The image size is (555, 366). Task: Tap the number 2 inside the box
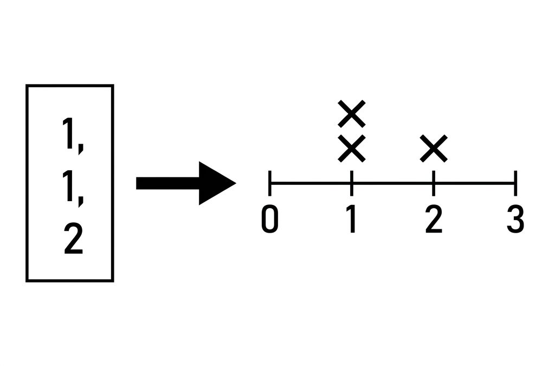pyautogui.click(x=73, y=239)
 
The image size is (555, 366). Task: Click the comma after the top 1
pyautogui.click(x=81, y=148)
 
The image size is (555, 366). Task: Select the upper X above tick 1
pyautogui.click(x=351, y=114)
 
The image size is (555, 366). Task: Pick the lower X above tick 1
pyautogui.click(x=351, y=149)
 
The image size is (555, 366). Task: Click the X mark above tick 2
pyautogui.click(x=434, y=149)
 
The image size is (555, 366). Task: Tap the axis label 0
pyautogui.click(x=270, y=220)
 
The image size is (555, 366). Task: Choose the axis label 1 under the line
pyautogui.click(x=351, y=220)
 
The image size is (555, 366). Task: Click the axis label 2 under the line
pyautogui.click(x=434, y=220)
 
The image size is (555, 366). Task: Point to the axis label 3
pyautogui.click(x=515, y=220)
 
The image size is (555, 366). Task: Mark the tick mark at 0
pyautogui.click(x=270, y=183)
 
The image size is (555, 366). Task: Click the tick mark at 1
pyautogui.click(x=351, y=183)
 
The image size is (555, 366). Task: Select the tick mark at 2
pyautogui.click(x=434, y=183)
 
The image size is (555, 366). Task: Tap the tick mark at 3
pyautogui.click(x=515, y=183)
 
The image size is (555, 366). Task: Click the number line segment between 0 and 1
pyautogui.click(x=311, y=183)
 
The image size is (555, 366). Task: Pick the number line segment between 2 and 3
pyautogui.click(x=474, y=183)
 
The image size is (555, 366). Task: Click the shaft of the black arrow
pyautogui.click(x=168, y=183)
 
